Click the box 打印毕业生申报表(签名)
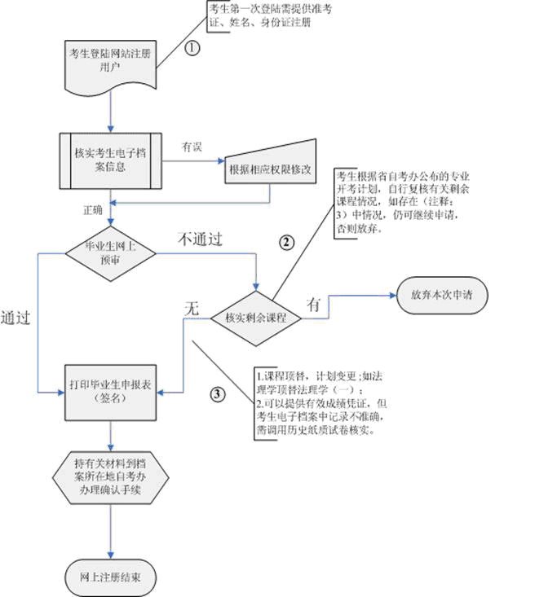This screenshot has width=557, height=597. click(x=110, y=393)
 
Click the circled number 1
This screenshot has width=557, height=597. click(x=192, y=47)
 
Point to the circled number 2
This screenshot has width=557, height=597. click(x=287, y=242)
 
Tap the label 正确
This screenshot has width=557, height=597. click(x=93, y=210)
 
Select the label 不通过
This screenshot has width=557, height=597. click(x=201, y=239)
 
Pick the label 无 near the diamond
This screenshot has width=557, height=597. click(x=192, y=308)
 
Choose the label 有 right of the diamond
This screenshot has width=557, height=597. click(x=314, y=304)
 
